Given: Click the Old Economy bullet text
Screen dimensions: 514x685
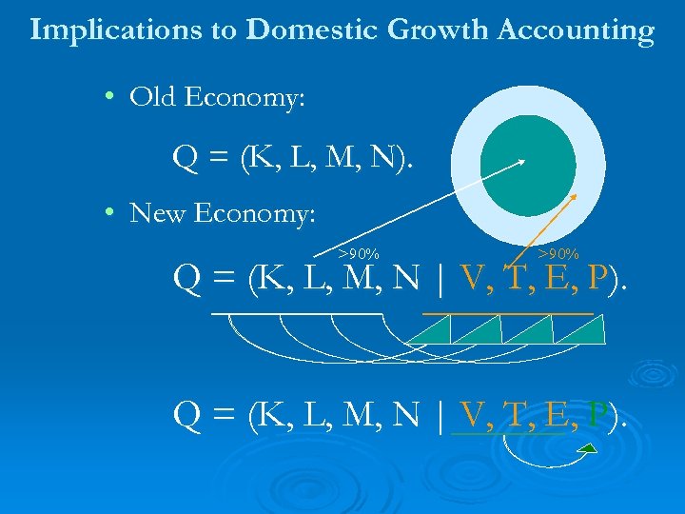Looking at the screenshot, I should pyautogui.click(x=217, y=97).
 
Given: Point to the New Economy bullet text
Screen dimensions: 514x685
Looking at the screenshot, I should pyautogui.click(x=222, y=213).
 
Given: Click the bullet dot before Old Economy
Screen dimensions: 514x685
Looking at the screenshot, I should pyautogui.click(x=111, y=97).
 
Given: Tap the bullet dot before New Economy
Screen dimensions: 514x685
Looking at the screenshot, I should pyautogui.click(x=111, y=213).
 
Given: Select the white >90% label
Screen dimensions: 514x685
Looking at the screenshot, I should pyautogui.click(x=359, y=253).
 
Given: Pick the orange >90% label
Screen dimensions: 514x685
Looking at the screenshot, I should pyautogui.click(x=558, y=253).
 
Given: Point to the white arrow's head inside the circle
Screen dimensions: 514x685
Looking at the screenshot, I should pyautogui.click(x=520, y=161).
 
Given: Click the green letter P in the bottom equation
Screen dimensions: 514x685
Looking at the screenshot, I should pyautogui.click(x=597, y=416).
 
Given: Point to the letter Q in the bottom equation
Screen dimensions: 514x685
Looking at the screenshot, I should pyautogui.click(x=186, y=416).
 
